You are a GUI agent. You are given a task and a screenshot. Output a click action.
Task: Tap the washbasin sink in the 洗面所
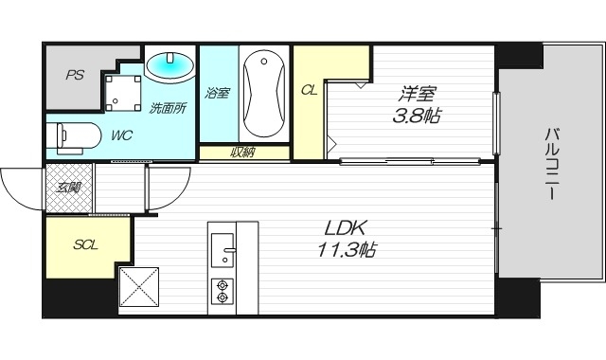click(x=171, y=65)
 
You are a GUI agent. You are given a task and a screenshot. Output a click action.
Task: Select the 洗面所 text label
click(x=168, y=108)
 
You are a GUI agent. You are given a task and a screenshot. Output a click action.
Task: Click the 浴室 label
click(x=218, y=93)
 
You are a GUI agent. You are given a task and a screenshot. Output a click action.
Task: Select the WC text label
click(x=121, y=135)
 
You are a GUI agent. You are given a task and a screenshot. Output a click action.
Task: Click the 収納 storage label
click(x=242, y=153)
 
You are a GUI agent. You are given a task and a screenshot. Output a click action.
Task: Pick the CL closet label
click(x=309, y=90)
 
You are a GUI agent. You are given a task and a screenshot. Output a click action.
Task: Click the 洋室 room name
click(x=416, y=94)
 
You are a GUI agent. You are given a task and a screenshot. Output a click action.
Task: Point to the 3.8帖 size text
click(x=416, y=117)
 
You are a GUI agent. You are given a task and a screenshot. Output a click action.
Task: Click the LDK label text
click(x=347, y=228)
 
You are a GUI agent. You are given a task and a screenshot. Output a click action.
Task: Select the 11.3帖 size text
click(x=347, y=251)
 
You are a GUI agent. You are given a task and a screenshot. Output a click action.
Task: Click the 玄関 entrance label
click(x=68, y=188)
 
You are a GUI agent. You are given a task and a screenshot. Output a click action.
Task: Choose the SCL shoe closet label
click(x=87, y=244)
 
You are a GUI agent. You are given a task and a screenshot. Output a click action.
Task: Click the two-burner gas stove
click(x=223, y=290)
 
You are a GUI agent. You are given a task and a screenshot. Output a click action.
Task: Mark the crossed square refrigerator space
click(x=139, y=288)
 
